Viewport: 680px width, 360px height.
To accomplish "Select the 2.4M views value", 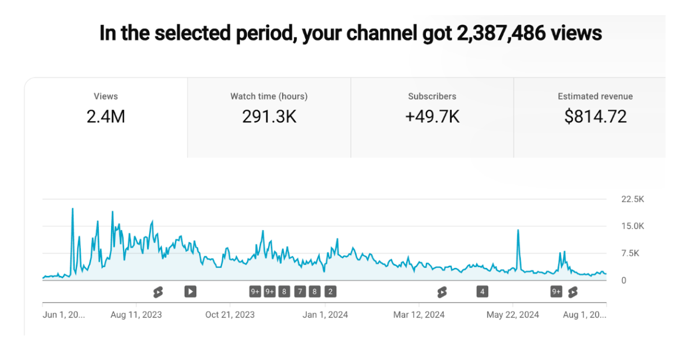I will point(105,116).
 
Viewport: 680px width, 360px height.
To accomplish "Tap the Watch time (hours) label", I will point(269,96).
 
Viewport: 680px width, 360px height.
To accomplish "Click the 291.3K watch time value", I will point(269,116).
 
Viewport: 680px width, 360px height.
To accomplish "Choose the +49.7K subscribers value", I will point(432,116).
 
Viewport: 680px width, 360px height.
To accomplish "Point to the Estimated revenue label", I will point(595,96).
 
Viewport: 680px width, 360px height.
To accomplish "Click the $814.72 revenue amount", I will point(595,116).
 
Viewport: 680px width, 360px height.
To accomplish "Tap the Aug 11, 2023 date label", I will point(136,315).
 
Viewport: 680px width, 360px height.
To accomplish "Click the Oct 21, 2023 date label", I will point(229,315).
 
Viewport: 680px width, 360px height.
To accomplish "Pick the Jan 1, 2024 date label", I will point(325,315).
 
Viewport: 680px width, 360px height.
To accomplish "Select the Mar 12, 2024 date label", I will point(419,315).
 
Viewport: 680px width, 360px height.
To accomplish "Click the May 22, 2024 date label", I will point(513,315).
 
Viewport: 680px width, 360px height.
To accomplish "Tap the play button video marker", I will point(190,291).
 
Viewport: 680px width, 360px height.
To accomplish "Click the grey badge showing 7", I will point(300,291).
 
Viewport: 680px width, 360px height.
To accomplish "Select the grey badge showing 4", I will point(482,291).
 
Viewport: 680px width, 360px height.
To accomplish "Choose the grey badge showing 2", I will point(330,291).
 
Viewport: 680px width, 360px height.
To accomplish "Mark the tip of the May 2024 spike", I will point(518,230).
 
